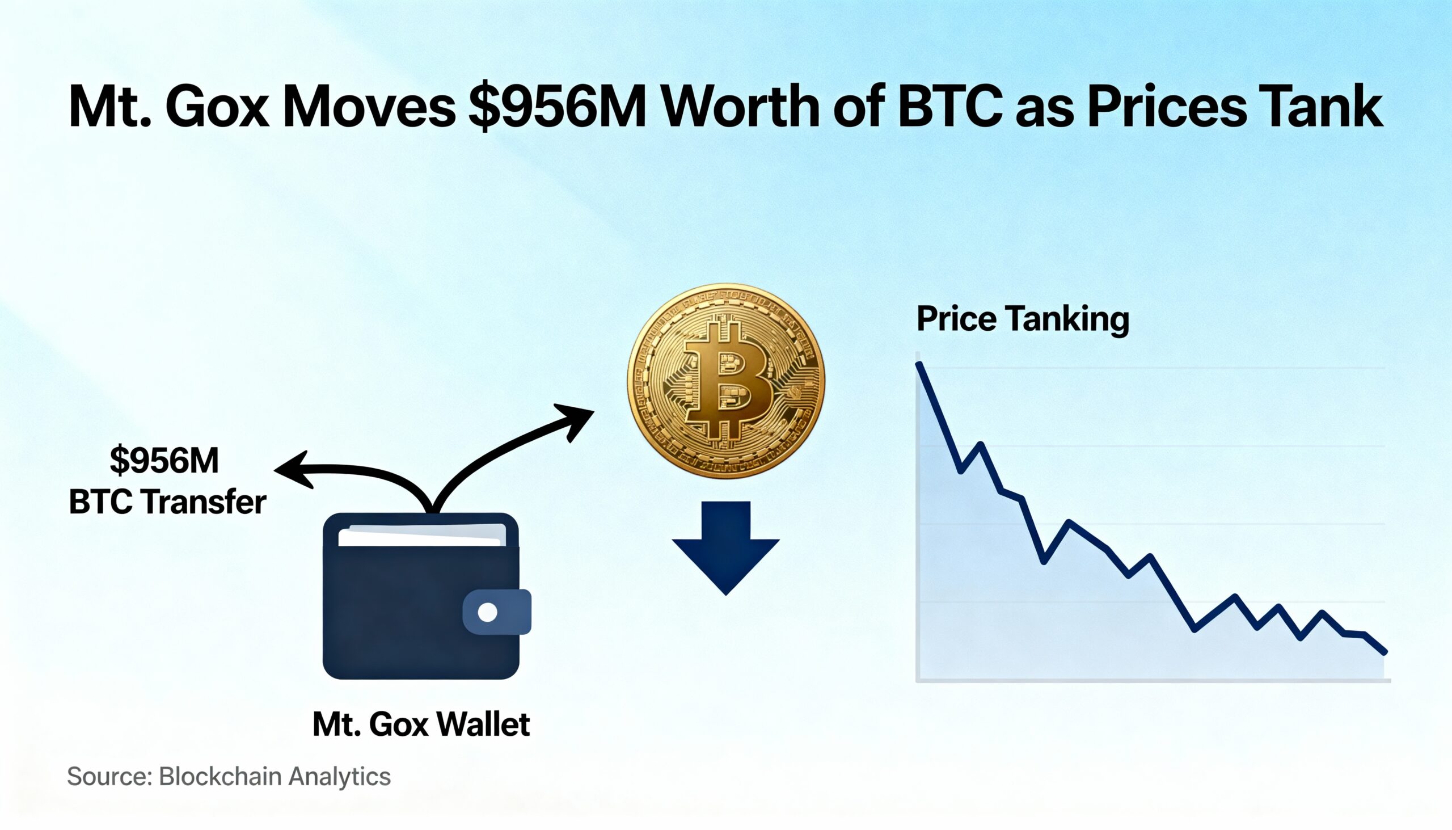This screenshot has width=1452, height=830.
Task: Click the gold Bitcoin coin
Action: click(x=725, y=381)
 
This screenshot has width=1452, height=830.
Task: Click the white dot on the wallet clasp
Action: click(x=487, y=612)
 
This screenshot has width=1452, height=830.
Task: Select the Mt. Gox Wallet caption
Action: click(x=421, y=724)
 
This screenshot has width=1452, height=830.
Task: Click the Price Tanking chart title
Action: click(x=1022, y=319)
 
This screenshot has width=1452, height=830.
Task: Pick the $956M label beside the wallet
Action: click(x=164, y=460)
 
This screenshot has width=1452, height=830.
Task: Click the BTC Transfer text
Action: click(x=167, y=502)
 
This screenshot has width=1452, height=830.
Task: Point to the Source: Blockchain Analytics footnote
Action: click(x=229, y=777)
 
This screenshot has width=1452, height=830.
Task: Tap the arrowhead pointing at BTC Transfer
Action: click(x=290, y=470)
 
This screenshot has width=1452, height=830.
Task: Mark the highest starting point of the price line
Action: click(x=919, y=365)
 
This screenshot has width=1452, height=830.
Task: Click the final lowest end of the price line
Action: click(x=1385, y=651)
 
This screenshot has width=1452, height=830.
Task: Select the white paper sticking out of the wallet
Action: click(x=421, y=536)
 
